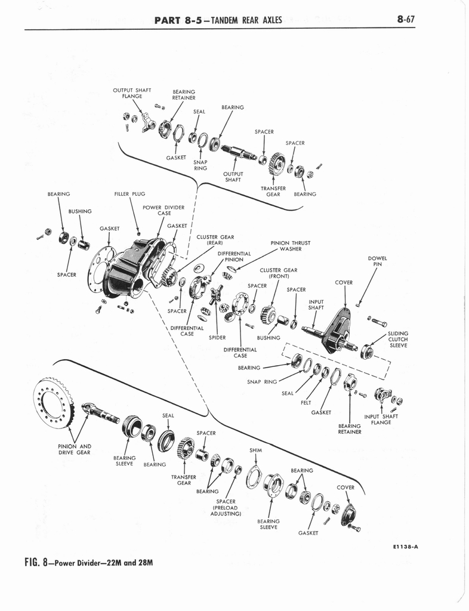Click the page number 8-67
[405, 19]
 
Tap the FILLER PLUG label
[129, 194]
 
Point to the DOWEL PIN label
[378, 261]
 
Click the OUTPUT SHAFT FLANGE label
[131, 93]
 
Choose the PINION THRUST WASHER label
[291, 246]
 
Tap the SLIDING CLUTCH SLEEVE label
[398, 340]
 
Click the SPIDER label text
[217, 338]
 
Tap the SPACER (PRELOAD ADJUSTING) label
[226, 507]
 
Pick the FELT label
[306, 403]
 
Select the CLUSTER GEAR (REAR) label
[220, 240]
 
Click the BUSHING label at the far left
[80, 211]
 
